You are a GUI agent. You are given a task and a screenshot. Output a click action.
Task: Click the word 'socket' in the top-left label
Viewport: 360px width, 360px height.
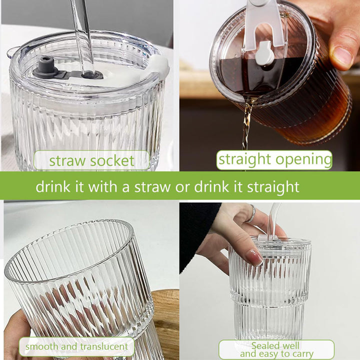[112, 160]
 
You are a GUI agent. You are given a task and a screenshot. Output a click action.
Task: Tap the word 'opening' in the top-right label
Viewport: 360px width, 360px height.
[303, 159]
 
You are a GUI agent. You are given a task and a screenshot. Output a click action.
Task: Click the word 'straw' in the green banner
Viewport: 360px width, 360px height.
[152, 186]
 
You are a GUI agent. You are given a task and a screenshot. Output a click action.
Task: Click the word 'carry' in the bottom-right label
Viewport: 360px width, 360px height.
[302, 354]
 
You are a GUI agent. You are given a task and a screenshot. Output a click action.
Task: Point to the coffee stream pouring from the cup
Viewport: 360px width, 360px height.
[247, 124]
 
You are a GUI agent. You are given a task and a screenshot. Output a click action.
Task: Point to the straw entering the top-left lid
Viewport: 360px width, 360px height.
[84, 36]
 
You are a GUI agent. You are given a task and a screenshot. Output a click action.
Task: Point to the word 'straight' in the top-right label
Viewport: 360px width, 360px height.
[244, 159]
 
